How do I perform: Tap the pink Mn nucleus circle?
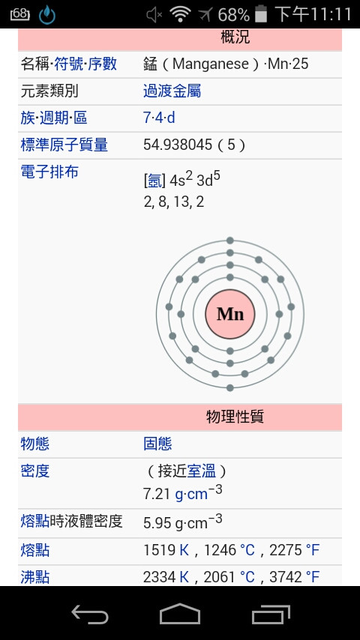230,314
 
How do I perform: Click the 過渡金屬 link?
172,91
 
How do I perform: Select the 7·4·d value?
159,118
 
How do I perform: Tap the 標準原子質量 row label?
64,145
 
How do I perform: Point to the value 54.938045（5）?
194,145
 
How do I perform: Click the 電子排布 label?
49,172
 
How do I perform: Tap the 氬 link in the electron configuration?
154,181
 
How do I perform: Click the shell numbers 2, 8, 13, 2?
174,202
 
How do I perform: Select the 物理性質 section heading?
235,417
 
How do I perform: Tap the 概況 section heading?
235,37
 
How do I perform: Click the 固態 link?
157,444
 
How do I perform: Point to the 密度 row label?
35,471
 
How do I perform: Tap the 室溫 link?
202,471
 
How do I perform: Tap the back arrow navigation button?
90,614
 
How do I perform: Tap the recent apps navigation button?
271,614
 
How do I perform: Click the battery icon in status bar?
261,13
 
